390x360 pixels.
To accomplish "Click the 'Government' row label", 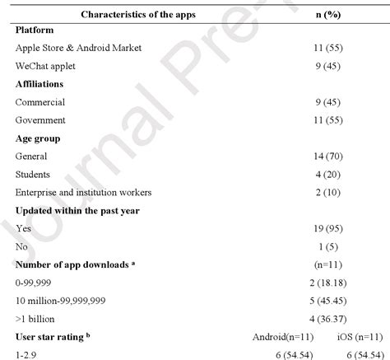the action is click(41, 120).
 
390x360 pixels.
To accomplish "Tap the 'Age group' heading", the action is click(38, 138).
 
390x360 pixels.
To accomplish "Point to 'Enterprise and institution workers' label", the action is click(83, 193).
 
